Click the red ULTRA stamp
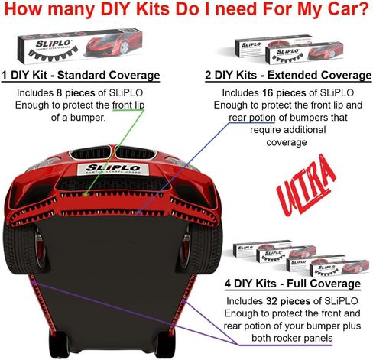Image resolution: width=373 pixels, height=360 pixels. pos(306,186)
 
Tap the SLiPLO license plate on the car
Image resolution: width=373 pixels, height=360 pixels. pos(113,169)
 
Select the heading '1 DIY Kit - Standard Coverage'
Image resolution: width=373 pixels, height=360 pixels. pos(81,76)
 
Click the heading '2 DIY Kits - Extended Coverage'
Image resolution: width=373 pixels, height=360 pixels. pos(288,76)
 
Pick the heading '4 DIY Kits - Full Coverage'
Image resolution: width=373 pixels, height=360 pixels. pos(293,284)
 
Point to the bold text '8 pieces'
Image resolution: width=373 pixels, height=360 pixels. pos(76,93)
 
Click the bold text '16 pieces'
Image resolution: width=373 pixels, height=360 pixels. pos(284,93)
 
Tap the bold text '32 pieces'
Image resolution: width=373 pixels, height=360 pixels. pos(288,301)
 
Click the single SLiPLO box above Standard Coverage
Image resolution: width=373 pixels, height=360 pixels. pos(79,46)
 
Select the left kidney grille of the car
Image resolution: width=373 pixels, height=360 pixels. pos(90,153)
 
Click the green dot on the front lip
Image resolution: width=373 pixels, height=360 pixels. pos(86,194)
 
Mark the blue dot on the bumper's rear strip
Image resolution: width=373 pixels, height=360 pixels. pos(138,212)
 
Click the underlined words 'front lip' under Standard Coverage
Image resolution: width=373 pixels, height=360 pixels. pos(128,105)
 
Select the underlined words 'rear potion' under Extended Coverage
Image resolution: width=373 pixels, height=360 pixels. pos(252,118)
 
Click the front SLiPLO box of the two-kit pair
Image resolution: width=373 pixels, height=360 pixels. pos(304,54)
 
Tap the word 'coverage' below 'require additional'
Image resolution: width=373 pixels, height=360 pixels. pos(287,142)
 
